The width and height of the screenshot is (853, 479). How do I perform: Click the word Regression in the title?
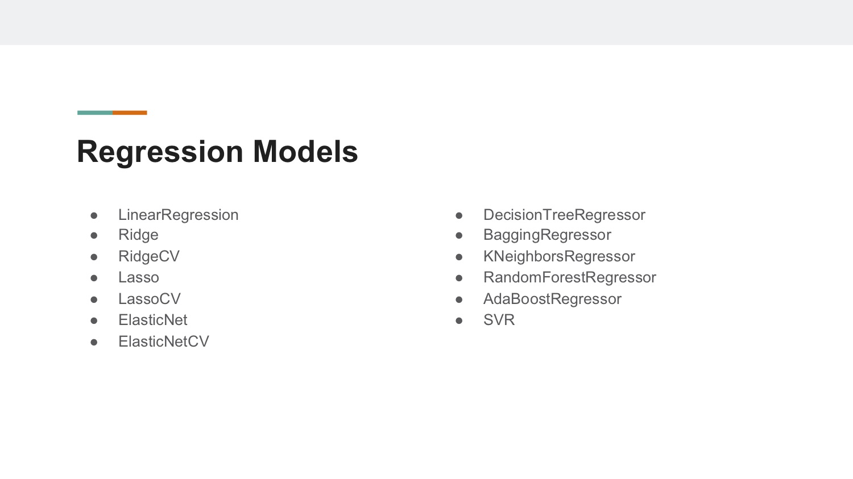[x=160, y=152]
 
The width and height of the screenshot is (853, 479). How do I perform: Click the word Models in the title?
[x=305, y=151]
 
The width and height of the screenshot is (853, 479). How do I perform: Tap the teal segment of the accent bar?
[x=95, y=113]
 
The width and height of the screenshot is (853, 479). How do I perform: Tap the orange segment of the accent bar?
[x=130, y=113]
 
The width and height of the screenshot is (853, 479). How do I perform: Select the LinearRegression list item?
[x=178, y=215]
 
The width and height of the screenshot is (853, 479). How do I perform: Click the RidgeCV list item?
[x=149, y=256]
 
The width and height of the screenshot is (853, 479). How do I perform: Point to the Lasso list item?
[x=139, y=277]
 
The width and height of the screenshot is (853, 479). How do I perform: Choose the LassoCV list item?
[x=149, y=299]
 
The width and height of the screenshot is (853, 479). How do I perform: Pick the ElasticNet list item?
[x=153, y=320]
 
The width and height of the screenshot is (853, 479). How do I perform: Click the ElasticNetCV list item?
[x=164, y=341]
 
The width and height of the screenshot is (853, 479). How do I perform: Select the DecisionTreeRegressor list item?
[x=564, y=215]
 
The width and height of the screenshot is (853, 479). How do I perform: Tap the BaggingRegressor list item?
[x=547, y=235]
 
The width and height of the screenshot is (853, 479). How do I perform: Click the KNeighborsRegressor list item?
[x=559, y=256]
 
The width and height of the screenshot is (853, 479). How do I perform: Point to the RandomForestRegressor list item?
[x=570, y=277]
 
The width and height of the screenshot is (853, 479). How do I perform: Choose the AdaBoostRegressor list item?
[x=552, y=299]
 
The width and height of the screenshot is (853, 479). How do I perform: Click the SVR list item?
[x=499, y=320]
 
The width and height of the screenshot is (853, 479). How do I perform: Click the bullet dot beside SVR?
[x=459, y=320]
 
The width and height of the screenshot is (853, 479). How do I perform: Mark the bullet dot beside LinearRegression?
[x=94, y=216]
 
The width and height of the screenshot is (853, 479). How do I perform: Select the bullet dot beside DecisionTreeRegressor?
[x=459, y=216]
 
